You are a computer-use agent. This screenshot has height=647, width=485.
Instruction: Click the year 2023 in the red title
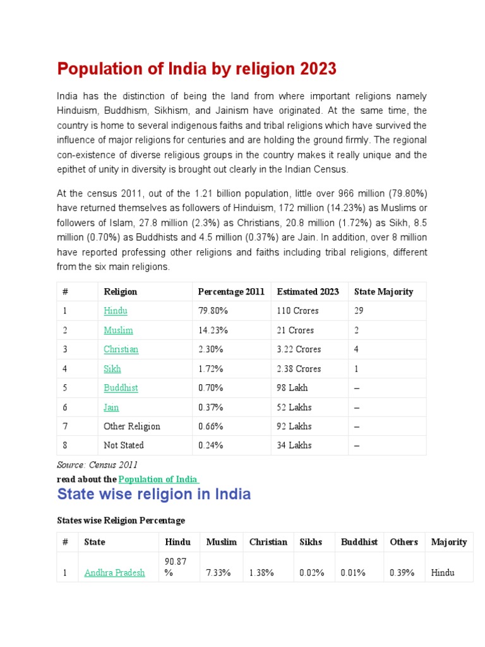tap(319, 69)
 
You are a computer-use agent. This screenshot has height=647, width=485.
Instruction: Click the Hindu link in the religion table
tap(116, 311)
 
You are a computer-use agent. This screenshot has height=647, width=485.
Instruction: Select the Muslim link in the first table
tap(118, 330)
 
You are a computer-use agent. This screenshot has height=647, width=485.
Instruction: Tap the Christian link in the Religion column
tap(121, 349)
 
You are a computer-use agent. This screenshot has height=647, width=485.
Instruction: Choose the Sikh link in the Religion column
tap(112, 369)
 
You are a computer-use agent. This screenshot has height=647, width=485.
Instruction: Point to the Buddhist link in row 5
tap(121, 388)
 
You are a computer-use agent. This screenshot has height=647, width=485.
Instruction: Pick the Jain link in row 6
tap(111, 408)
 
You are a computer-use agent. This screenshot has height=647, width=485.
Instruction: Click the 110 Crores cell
tap(297, 311)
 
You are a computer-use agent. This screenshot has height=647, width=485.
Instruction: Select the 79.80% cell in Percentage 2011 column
tap(213, 311)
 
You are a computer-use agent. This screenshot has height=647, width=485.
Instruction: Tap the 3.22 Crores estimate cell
tap(299, 349)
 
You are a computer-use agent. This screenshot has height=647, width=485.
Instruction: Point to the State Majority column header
tap(383, 292)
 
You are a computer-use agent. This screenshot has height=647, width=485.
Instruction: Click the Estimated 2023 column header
tap(308, 292)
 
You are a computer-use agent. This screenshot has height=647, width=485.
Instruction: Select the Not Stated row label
tap(124, 445)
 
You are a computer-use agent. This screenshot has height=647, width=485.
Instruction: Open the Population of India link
tap(159, 480)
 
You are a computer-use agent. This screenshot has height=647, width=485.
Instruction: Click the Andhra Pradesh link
tap(114, 573)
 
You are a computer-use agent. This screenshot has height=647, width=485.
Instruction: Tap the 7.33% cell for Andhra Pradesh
tap(219, 573)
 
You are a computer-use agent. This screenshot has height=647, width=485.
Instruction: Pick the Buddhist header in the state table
tap(359, 542)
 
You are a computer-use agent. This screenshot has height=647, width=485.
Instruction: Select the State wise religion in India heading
tap(154, 494)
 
